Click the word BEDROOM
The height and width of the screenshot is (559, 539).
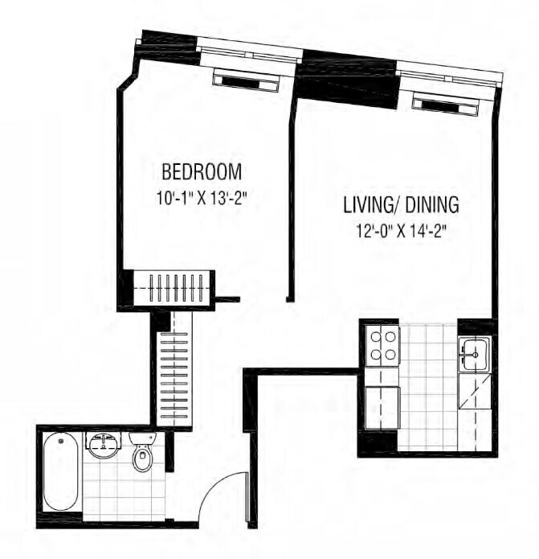202,172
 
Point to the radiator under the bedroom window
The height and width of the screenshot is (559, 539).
245,81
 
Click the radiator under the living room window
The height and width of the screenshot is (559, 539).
443,103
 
